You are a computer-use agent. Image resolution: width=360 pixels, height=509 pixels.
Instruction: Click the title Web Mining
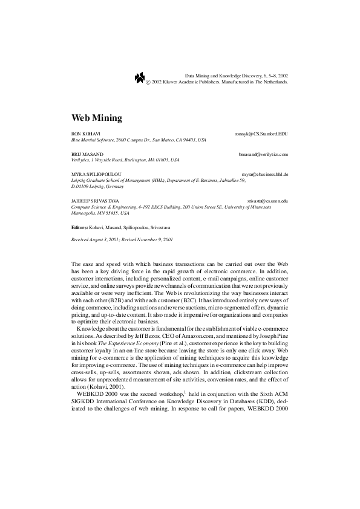tap(97, 117)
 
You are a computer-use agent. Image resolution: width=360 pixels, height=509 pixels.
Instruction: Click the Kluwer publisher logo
tap(140, 77)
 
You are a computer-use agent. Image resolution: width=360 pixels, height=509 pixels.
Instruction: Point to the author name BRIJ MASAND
tap(85, 155)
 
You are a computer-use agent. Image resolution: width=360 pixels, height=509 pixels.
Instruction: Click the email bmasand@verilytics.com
tap(263, 155)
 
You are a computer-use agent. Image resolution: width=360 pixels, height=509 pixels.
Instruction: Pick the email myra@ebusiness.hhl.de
tap(264, 174)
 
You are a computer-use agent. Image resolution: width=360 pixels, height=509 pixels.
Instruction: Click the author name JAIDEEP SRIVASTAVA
tap(95, 200)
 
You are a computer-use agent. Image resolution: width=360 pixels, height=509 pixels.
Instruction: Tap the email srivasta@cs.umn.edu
tap(267, 200)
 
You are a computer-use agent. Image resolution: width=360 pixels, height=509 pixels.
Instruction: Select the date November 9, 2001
tap(155, 240)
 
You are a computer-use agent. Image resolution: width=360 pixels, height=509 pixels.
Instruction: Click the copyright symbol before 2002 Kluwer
tap(149, 80)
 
